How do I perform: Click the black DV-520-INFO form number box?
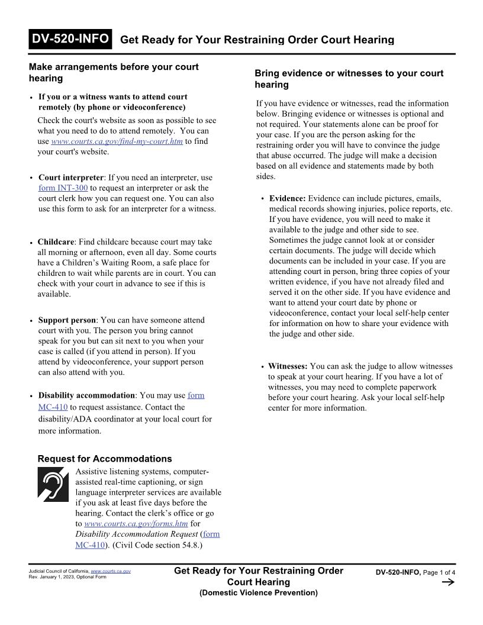tap(70, 39)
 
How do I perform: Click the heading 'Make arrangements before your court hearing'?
tap(114, 72)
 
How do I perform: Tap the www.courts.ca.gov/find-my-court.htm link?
tap(117, 141)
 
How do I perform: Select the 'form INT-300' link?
tap(63, 188)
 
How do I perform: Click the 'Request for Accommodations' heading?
tap(105, 459)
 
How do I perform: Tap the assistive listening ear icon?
tap(54, 484)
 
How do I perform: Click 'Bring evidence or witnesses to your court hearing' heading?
tap(349, 79)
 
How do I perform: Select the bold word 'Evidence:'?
tap(287, 198)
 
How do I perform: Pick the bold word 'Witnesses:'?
tap(288, 366)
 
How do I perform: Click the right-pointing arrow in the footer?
tap(447, 583)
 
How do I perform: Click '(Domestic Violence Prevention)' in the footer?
tap(258, 592)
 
